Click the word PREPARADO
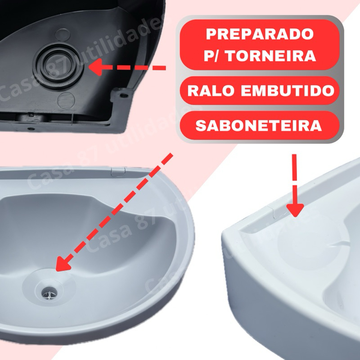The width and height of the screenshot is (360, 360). pyautogui.click(x=260, y=34)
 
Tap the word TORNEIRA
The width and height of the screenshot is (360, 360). pyautogui.click(x=272, y=56)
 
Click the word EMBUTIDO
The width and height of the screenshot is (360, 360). pyautogui.click(x=288, y=90)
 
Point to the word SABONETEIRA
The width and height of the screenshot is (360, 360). pyautogui.click(x=259, y=126)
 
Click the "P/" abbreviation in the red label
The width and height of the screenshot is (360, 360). pyautogui.click(x=212, y=56)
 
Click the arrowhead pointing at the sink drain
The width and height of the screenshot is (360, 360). pyautogui.click(x=63, y=264)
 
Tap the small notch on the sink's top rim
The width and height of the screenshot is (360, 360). pyautogui.click(x=118, y=172)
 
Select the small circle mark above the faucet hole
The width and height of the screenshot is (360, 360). pyautogui.click(x=63, y=35)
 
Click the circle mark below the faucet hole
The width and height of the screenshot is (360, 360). pyautogui.click(x=66, y=100)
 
